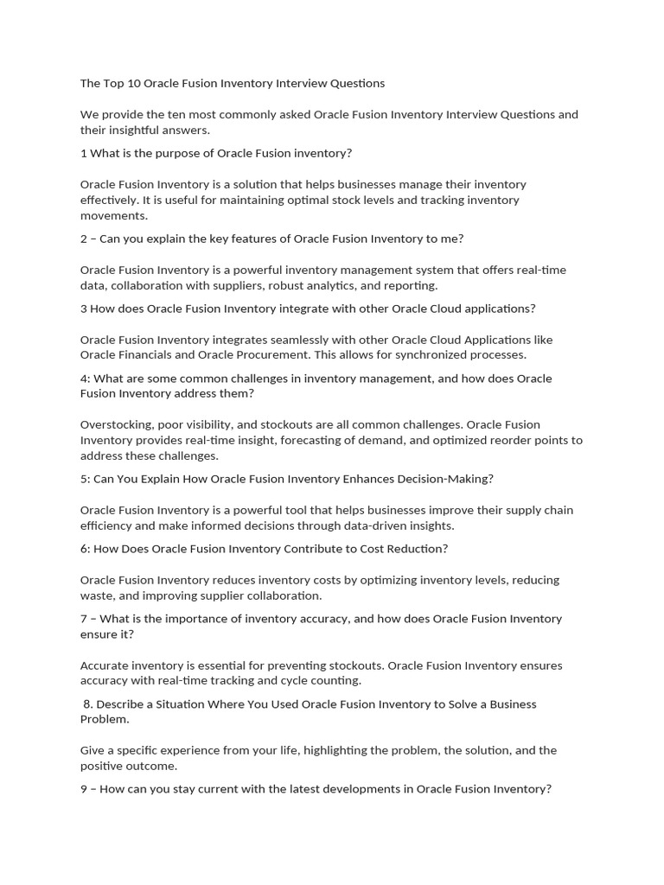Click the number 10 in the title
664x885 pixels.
pos(132,84)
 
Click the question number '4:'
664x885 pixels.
pos(85,379)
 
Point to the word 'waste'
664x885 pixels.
pos(96,595)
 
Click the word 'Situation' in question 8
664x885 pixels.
pos(169,704)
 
